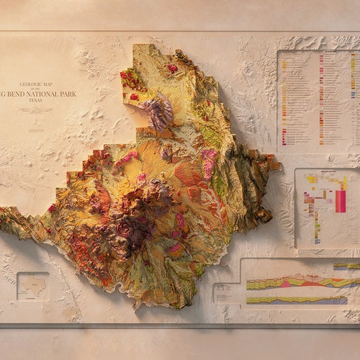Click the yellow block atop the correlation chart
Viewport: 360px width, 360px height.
tap(312, 179)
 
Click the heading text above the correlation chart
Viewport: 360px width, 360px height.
tap(326, 171)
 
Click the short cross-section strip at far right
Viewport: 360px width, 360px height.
tap(346, 266)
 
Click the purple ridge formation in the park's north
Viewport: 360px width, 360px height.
tap(158, 112)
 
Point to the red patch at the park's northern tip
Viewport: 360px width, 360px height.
tap(172, 68)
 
